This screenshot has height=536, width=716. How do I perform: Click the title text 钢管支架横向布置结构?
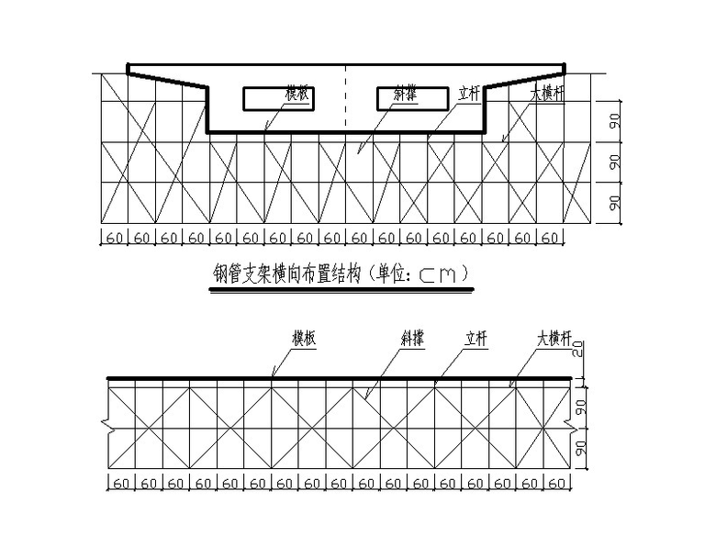[286, 274]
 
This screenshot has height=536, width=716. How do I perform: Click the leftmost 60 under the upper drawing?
[114, 239]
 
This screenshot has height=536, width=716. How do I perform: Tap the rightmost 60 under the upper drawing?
[550, 239]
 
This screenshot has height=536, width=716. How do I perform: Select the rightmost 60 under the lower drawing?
[557, 484]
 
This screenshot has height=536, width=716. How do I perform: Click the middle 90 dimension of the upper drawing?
[614, 162]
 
